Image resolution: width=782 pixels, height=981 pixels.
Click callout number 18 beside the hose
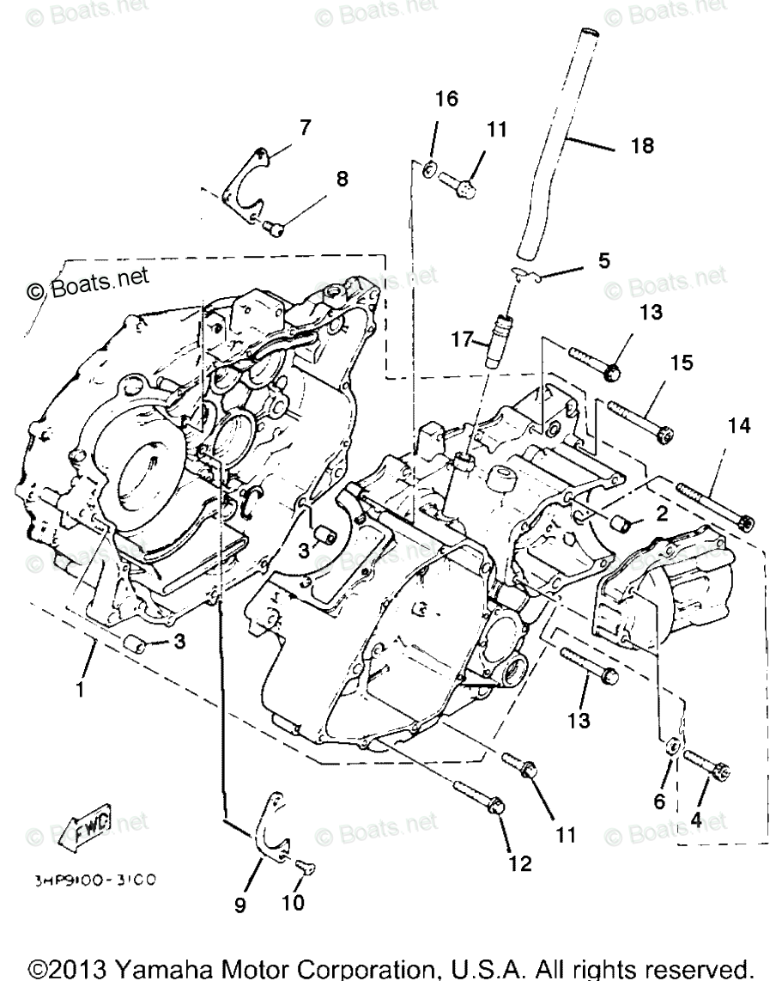[642, 146]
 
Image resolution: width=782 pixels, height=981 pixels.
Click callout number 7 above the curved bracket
[306, 127]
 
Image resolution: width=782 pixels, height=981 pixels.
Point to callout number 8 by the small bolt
[342, 180]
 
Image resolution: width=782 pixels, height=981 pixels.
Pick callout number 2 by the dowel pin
[661, 514]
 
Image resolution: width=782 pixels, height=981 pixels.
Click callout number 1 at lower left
[80, 687]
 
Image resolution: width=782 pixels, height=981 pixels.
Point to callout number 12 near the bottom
[524, 863]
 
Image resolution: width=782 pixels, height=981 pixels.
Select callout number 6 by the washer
[659, 801]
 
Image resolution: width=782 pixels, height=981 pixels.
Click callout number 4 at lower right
[695, 820]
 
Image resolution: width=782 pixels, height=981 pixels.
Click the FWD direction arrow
[90, 830]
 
